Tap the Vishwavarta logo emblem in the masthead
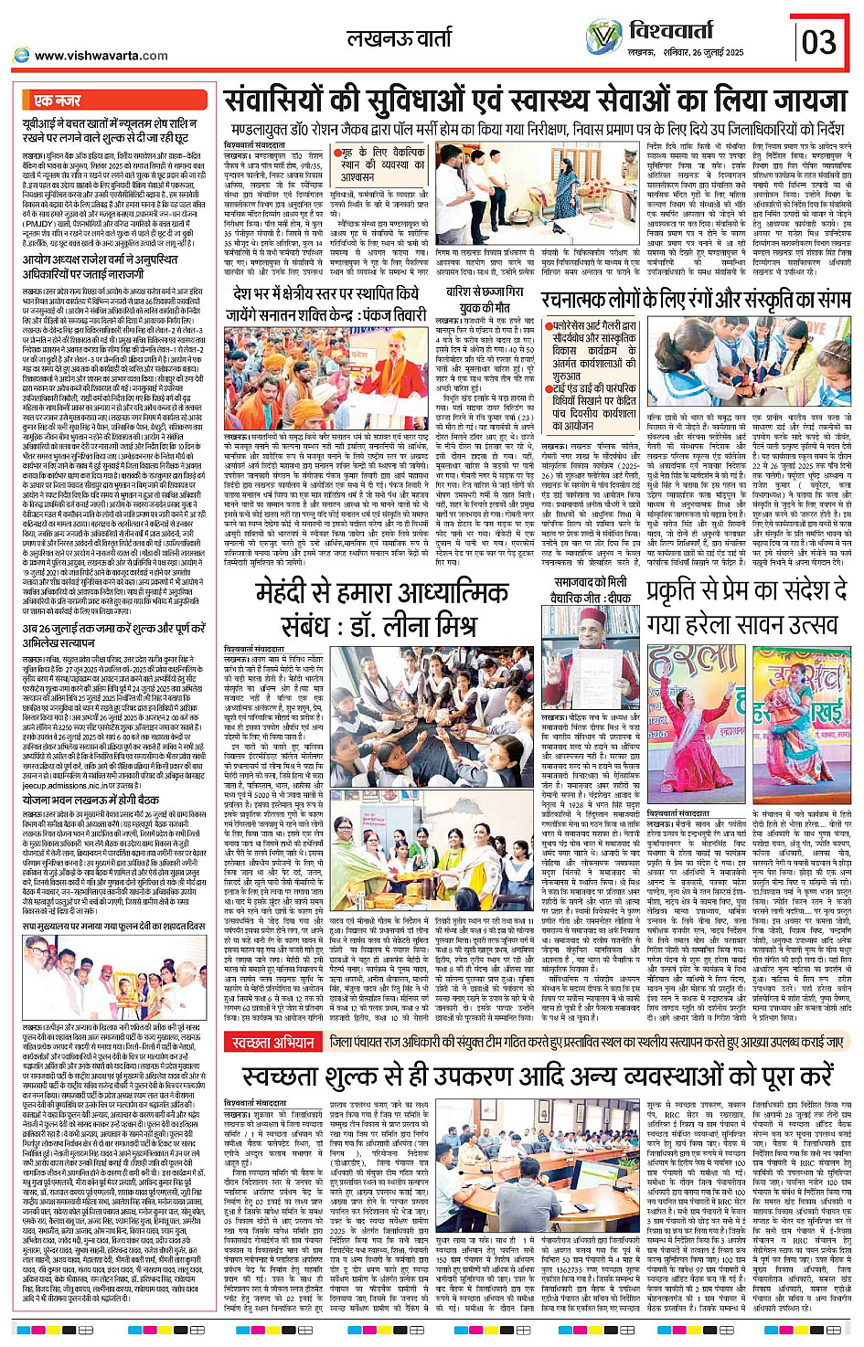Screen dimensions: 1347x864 click(604, 37)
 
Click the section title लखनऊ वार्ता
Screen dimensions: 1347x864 click(399, 38)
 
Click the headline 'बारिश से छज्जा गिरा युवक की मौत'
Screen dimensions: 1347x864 click(485, 299)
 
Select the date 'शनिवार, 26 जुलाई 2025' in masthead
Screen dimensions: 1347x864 click(704, 52)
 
